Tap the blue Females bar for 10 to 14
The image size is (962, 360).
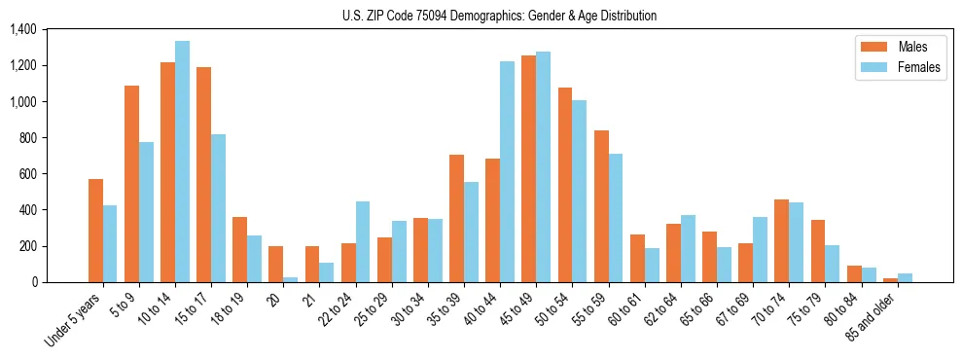(x=182, y=162)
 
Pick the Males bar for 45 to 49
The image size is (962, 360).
(x=528, y=168)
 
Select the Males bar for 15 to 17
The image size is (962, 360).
(x=203, y=175)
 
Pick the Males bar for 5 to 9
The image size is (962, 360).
(x=131, y=184)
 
